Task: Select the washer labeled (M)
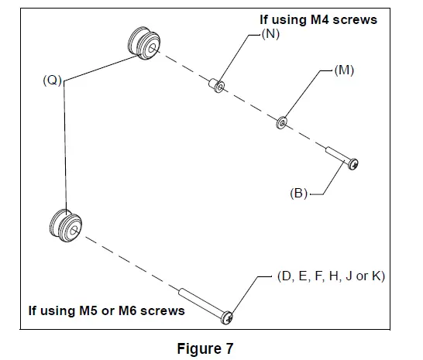click(x=281, y=122)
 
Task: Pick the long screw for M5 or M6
click(x=205, y=304)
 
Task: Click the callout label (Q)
click(x=51, y=78)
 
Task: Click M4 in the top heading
click(x=315, y=19)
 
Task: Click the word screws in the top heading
click(x=355, y=19)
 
